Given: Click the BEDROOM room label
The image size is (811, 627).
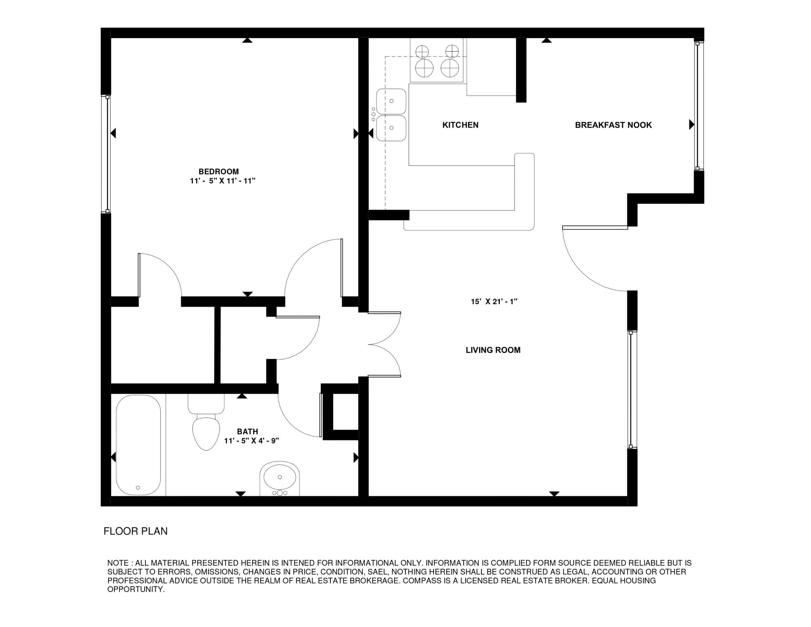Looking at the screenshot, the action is (218, 172).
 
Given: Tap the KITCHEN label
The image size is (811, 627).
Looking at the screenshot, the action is (460, 125).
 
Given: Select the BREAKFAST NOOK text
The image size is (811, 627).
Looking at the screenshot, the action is (613, 125).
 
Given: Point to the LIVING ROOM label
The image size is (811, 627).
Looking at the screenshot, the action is (493, 350).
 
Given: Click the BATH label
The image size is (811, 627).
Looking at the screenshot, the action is (247, 432).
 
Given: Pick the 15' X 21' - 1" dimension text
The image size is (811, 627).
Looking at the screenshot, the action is (494, 302).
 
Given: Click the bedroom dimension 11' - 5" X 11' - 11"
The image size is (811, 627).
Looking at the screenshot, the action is (223, 181).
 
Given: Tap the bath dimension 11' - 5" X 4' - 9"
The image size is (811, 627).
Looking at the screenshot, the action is (251, 441).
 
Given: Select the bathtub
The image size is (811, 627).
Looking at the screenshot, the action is (138, 444).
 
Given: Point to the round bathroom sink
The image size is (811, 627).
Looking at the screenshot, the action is (279, 479).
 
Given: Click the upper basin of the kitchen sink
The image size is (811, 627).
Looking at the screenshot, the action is (391, 101).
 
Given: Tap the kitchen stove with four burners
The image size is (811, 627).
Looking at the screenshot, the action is (437, 60).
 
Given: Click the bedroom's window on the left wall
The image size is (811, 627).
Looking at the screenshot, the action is (107, 154).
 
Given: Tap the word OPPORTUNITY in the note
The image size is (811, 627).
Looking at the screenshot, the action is (136, 589).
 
